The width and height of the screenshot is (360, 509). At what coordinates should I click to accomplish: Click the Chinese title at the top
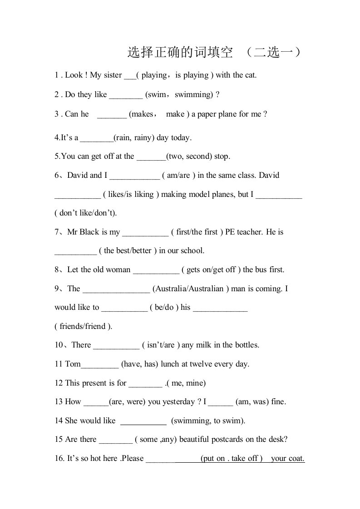click(x=213, y=53)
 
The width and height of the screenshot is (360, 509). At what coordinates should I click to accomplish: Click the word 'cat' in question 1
click(x=250, y=75)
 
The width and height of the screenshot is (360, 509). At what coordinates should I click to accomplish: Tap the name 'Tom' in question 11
click(x=73, y=364)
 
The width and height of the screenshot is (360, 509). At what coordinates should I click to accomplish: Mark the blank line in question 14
click(x=143, y=423)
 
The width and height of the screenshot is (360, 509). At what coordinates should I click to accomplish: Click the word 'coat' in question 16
click(x=295, y=458)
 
